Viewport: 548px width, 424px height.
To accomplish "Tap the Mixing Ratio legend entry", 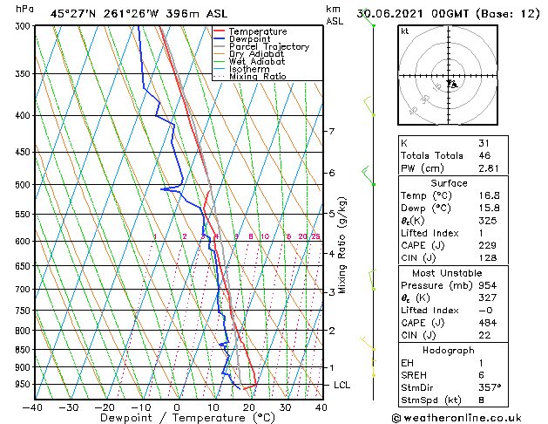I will tap(258, 77).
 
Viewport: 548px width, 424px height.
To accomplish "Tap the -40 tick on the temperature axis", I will tap(33, 407).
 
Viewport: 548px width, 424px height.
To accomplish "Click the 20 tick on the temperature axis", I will tap(249, 407).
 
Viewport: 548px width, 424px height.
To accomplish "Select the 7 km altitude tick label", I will tap(331, 132).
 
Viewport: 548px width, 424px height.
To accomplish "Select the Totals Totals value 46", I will tap(484, 155).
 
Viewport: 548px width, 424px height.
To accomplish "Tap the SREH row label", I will tap(414, 374).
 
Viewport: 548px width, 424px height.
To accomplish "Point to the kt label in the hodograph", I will tap(404, 31).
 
